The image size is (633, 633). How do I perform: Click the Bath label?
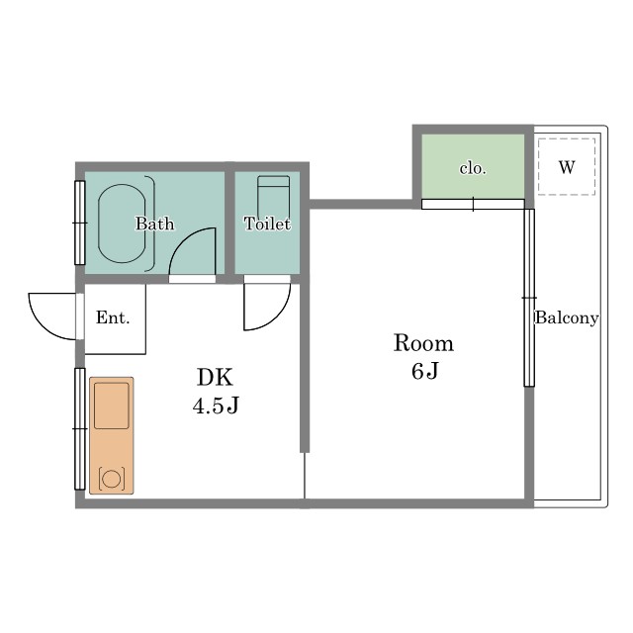pos(154,224)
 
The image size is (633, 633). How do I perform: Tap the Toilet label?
pos(267,224)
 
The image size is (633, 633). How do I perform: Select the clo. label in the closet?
pos(473,168)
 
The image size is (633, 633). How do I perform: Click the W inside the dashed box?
pos(567,167)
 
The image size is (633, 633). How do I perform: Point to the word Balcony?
pos(567,317)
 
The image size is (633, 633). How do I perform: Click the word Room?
pos(423,343)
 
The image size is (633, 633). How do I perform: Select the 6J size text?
pos(424,371)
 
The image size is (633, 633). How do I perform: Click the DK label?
pos(216,378)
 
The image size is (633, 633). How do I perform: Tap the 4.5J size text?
pos(216,406)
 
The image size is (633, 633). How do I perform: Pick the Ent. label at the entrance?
pos(113,317)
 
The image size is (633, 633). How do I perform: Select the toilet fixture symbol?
pos(274,198)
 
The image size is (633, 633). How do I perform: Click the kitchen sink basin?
pos(112,406)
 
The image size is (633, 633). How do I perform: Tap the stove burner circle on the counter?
pos(112,479)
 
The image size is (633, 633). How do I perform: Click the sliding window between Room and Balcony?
pos(529,298)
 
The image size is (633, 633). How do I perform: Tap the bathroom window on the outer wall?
pos(80,223)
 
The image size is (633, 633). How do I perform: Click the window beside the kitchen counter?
pos(80,428)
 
